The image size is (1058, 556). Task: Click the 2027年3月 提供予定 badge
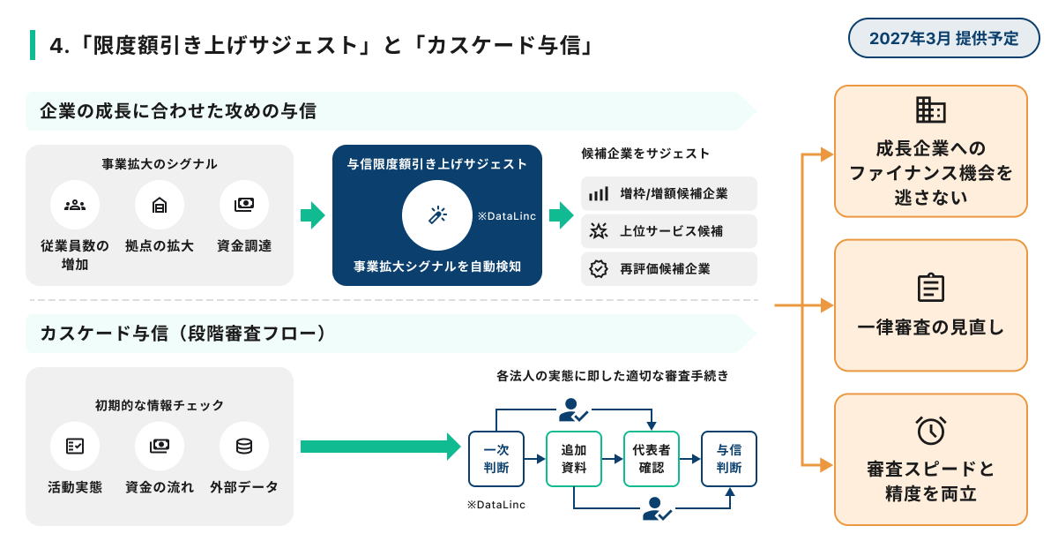[943, 38]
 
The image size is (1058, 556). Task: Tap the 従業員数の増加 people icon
[75, 205]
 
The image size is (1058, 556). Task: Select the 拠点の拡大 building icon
[160, 205]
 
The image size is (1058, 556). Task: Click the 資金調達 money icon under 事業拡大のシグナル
[244, 205]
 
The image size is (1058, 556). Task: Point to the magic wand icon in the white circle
[437, 215]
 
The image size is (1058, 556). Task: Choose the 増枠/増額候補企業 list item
[669, 194]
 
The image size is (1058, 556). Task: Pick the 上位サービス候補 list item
[669, 231]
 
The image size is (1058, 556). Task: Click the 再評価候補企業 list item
[669, 268]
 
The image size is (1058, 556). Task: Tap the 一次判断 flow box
[496, 459]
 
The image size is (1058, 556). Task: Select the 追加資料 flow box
[574, 459]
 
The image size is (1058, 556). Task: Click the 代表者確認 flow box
[652, 459]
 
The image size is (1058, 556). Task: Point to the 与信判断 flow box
[729, 459]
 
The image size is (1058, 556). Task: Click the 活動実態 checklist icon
[75, 446]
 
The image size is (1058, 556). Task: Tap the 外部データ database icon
[244, 446]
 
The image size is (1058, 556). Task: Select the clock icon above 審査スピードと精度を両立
[931, 430]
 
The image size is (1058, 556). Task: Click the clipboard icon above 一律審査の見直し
[931, 287]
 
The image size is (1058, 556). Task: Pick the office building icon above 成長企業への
[931, 110]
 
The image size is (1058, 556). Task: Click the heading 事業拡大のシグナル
[160, 164]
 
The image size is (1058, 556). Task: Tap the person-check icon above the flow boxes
[573, 409]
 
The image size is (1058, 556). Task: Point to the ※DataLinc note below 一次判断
[496, 505]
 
